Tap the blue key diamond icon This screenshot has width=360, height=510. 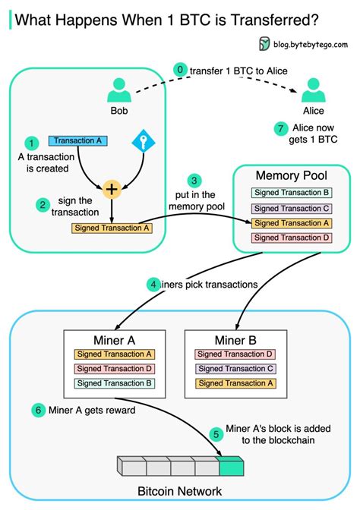pyautogui.click(x=144, y=142)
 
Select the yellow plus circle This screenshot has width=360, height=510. pyautogui.click(x=112, y=189)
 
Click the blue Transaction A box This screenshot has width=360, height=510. pyautogui.click(x=78, y=141)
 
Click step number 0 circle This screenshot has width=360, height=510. pyautogui.click(x=181, y=70)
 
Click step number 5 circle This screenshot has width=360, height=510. pyautogui.click(x=216, y=434)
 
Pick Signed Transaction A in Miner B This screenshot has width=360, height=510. pyautogui.click(x=235, y=382)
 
